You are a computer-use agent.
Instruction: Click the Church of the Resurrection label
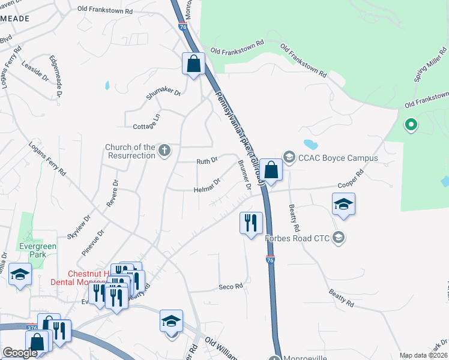(x=130, y=151)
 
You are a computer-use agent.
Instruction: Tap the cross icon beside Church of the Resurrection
(x=164, y=151)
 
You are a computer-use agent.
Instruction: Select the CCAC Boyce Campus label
(x=338, y=158)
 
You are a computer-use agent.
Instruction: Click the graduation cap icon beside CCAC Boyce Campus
(x=289, y=158)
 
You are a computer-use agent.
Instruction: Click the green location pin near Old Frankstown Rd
(x=411, y=125)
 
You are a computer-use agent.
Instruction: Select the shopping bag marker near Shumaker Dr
(x=193, y=64)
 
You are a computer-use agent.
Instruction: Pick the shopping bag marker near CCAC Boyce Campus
(x=271, y=170)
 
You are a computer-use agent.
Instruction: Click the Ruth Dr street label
(x=206, y=161)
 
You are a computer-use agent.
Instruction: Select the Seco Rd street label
(x=231, y=286)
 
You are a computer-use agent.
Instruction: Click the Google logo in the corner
(x=20, y=353)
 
